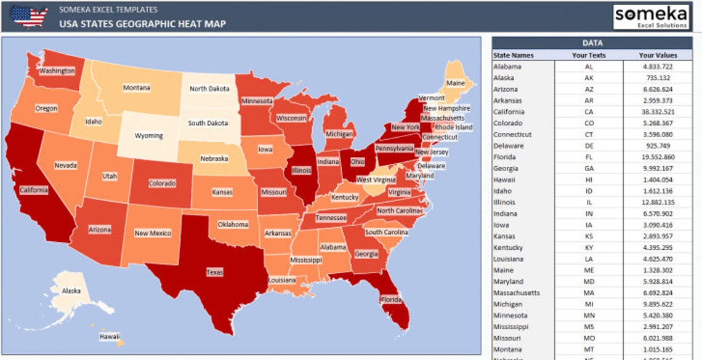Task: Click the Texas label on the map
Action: click(215, 272)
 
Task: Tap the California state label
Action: click(34, 190)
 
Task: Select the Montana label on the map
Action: click(136, 88)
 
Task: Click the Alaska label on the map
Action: click(71, 291)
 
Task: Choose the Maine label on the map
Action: click(456, 83)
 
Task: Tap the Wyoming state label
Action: click(149, 136)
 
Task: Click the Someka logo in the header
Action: click(651, 17)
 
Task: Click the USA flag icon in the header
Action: click(29, 17)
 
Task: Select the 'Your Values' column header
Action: click(658, 55)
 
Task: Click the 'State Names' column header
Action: click(514, 55)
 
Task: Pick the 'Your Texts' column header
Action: click(589, 55)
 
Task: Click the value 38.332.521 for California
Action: click(657, 112)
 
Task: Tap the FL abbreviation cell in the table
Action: click(589, 157)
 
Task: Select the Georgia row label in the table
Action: click(506, 169)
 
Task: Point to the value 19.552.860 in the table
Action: click(657, 157)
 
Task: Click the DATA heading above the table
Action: click(592, 43)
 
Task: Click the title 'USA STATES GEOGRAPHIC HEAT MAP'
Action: click(142, 24)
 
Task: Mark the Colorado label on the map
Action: click(162, 183)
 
